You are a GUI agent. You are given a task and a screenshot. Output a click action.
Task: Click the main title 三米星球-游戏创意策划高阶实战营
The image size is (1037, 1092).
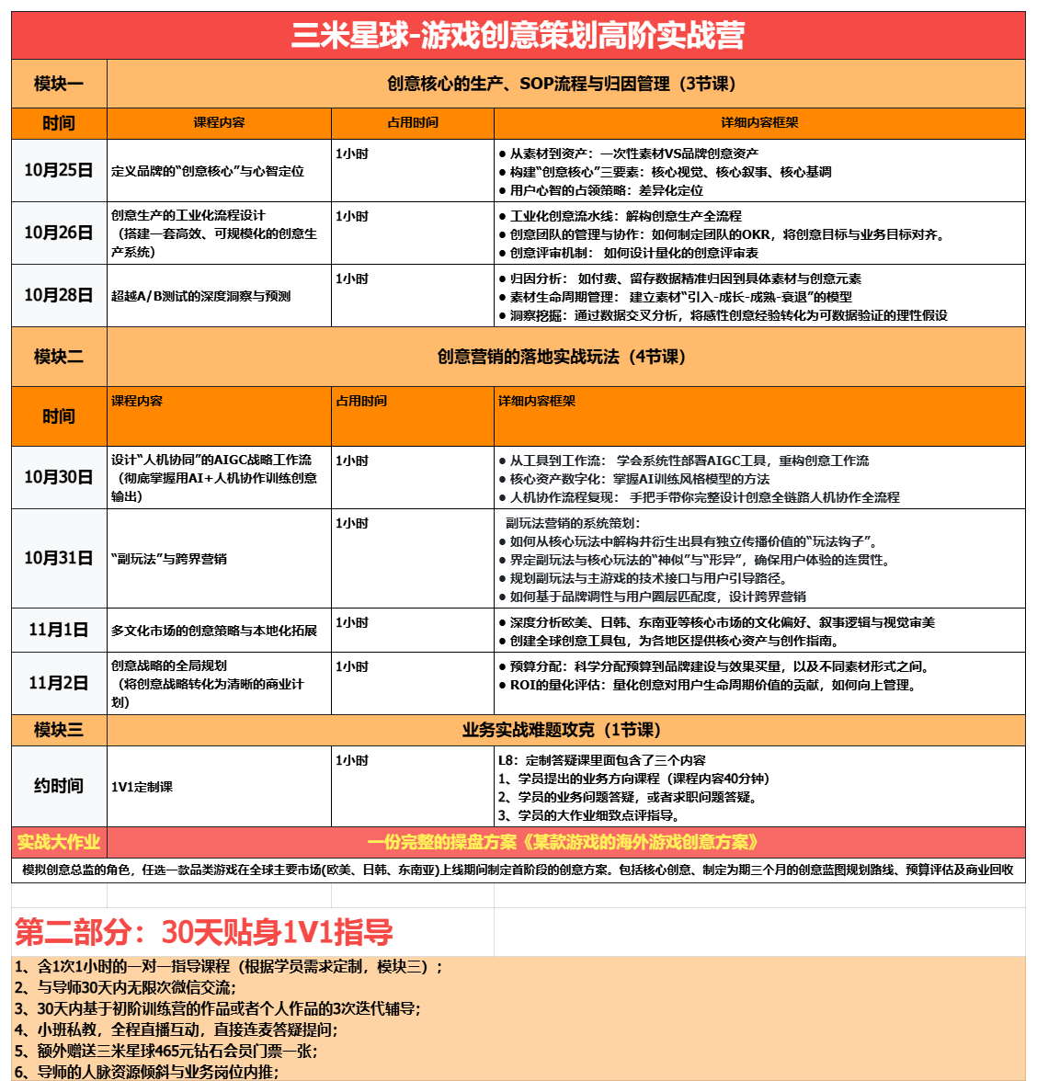518,36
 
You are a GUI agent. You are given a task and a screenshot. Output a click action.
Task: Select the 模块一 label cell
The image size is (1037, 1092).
59,85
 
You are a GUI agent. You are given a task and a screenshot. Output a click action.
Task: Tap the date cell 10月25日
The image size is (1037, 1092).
59,170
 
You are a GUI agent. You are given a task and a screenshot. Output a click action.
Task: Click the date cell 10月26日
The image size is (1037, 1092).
59,233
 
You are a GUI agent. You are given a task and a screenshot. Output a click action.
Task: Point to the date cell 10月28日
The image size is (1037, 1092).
59,295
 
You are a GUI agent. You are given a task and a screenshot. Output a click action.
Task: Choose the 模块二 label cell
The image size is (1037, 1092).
59,357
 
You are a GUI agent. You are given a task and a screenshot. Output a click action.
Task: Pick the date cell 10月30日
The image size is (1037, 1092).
59,477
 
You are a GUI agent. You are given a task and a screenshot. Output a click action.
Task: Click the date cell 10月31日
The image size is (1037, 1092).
59,558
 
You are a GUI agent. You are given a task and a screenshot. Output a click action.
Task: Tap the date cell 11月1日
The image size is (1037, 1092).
59,630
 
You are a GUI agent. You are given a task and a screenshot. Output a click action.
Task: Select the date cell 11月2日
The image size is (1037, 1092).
59,683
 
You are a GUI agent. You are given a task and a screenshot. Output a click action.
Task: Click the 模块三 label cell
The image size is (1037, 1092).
59,730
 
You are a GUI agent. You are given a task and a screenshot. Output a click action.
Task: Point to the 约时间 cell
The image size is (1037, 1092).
59,786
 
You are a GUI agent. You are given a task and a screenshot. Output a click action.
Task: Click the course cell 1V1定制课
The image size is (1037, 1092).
142,787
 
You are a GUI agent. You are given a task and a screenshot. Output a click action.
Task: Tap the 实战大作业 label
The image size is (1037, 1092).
59,842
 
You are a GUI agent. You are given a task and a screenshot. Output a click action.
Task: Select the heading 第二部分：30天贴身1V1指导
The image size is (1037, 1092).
204,932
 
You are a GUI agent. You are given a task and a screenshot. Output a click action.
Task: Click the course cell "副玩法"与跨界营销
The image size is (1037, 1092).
169,559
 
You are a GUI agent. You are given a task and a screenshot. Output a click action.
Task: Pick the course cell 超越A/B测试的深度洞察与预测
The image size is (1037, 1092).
201,296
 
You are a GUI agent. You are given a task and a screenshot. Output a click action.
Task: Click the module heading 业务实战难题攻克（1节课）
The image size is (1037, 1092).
561,730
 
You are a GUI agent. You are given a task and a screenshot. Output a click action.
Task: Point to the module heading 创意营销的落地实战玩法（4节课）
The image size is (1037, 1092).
561,357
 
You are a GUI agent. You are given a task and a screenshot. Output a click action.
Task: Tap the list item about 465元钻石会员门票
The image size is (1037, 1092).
165,1051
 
